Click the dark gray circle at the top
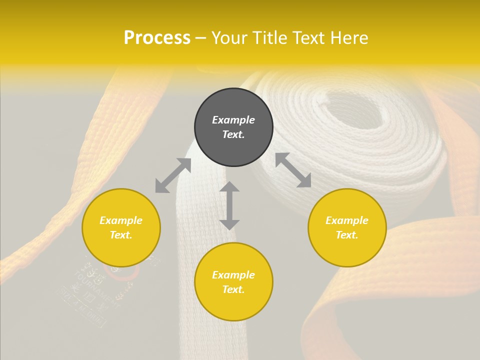tap(233, 127)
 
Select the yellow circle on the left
tap(121, 227)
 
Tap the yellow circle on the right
tap(347, 227)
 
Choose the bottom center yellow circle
tap(233, 282)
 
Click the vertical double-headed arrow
tap(229, 205)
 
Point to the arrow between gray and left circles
tap(173, 175)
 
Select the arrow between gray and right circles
tap(293, 170)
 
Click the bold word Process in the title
tap(157, 38)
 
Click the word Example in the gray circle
tap(233, 120)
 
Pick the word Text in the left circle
tap(121, 235)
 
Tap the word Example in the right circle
tap(347, 220)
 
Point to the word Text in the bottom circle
tap(233, 289)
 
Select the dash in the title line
tap(201, 38)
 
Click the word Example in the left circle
tap(121, 220)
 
